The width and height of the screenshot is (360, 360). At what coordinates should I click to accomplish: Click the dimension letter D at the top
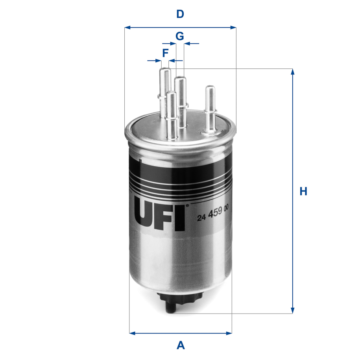tap(180, 15)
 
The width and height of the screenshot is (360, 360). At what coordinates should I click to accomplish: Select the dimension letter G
tap(179, 36)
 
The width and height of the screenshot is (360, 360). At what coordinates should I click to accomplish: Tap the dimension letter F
tap(165, 52)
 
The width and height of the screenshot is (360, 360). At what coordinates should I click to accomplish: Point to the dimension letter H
tap(303, 192)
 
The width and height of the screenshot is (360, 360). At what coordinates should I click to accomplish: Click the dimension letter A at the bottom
tap(181, 345)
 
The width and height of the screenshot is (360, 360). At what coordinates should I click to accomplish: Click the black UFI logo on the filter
tap(160, 215)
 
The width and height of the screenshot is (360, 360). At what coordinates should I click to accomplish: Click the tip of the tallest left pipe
tap(164, 70)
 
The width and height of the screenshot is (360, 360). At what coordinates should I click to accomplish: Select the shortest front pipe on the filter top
tap(171, 114)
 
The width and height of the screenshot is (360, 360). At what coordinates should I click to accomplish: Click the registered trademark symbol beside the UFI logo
tap(187, 205)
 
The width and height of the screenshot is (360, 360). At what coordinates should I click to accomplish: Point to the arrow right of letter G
tap(192, 43)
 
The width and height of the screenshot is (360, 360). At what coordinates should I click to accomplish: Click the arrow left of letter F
tap(155, 61)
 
